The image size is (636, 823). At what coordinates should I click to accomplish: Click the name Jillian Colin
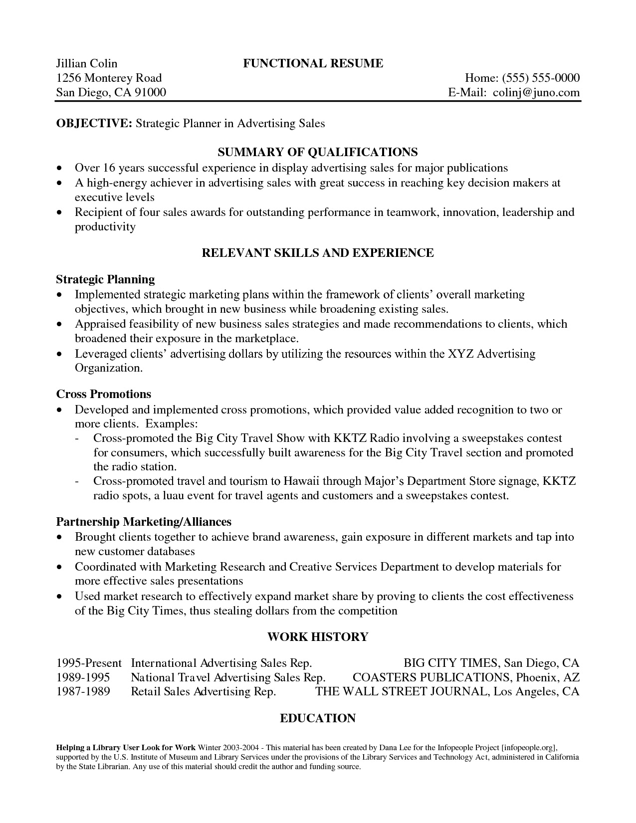[86, 63]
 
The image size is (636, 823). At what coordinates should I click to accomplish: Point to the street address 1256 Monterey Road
[109, 78]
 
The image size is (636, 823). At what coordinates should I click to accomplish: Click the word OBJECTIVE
[93, 123]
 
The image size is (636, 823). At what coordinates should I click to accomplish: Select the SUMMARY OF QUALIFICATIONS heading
[318, 152]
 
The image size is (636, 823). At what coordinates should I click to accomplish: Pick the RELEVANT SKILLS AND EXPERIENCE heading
[318, 253]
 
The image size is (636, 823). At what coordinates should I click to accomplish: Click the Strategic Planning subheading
[105, 279]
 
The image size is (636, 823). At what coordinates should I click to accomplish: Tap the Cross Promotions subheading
[104, 394]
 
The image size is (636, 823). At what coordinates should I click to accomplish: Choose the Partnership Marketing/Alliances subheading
[144, 522]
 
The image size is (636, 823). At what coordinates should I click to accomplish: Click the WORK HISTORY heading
[318, 637]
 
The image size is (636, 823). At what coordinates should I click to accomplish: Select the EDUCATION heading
[318, 718]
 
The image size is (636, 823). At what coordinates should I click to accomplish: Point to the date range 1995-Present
[89, 663]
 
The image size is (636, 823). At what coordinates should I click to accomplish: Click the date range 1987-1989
[83, 692]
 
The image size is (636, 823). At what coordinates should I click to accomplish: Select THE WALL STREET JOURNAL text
[402, 692]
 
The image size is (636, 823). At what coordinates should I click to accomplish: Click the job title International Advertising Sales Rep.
[221, 663]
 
